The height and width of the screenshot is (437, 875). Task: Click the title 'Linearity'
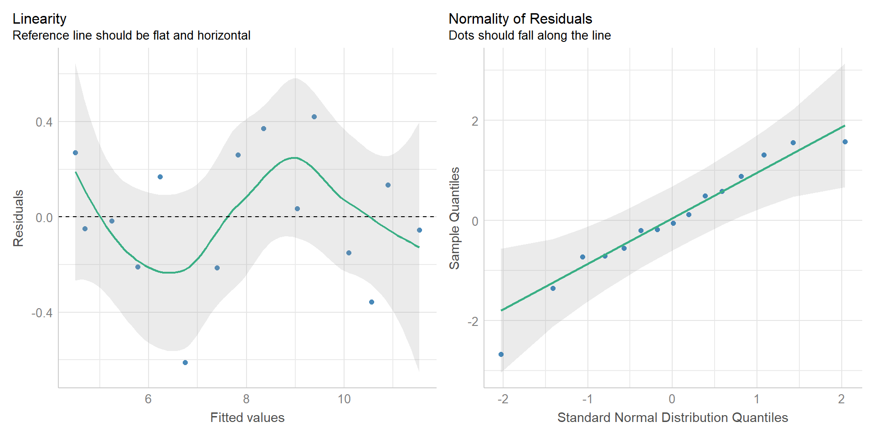pos(39,19)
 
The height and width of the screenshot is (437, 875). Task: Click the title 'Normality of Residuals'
pos(520,19)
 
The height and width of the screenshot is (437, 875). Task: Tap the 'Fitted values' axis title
pos(247,417)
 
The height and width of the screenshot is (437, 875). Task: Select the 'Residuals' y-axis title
pos(18,218)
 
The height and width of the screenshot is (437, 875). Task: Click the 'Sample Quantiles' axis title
pos(454,218)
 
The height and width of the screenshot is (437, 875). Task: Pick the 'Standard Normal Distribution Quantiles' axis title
pos(672,417)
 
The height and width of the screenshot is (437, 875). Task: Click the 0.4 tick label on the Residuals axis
pos(44,122)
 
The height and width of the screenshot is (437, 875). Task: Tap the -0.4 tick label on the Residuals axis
pos(41,313)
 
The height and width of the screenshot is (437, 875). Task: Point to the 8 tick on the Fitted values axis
pos(246,399)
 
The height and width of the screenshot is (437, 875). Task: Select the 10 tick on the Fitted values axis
pos(344,399)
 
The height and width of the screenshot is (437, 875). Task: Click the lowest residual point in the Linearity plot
pos(185,362)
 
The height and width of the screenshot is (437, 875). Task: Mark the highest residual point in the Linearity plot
pos(314,117)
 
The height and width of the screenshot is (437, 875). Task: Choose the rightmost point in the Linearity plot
pos(419,230)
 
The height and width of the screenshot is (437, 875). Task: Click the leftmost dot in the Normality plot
pos(501,354)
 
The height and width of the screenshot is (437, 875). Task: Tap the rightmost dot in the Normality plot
pos(845,142)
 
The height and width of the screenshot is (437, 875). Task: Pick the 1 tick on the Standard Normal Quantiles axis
pos(757,399)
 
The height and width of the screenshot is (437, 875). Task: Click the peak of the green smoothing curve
pos(295,158)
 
